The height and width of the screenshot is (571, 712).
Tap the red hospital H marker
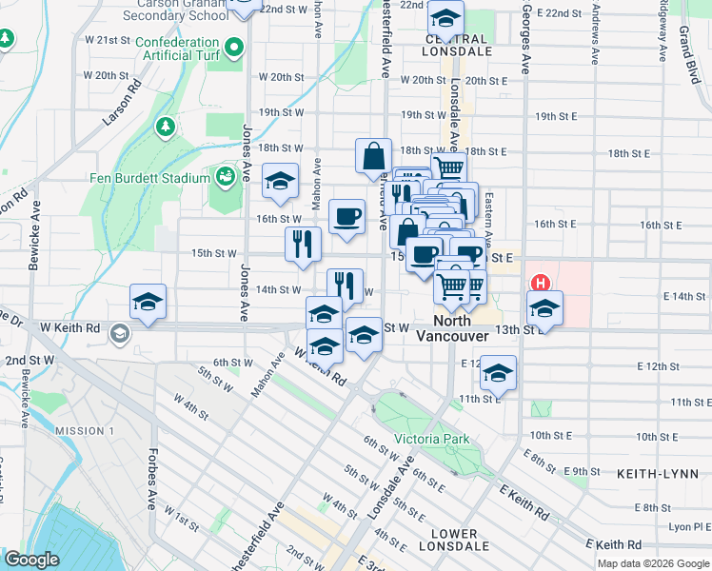click(541, 283)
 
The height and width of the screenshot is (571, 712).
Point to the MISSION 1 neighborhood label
click(84, 431)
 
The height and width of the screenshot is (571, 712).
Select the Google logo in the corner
click(31, 560)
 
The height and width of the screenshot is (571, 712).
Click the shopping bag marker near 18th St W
click(374, 157)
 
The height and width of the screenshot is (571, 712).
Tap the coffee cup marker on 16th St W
click(347, 216)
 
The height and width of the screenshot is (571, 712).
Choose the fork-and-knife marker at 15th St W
click(304, 244)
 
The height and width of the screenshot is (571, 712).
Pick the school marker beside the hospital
click(544, 308)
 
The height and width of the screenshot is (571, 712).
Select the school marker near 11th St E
click(498, 373)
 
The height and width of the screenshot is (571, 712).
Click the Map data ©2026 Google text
click(652, 563)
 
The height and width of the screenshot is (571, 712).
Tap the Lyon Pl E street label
click(687, 526)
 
